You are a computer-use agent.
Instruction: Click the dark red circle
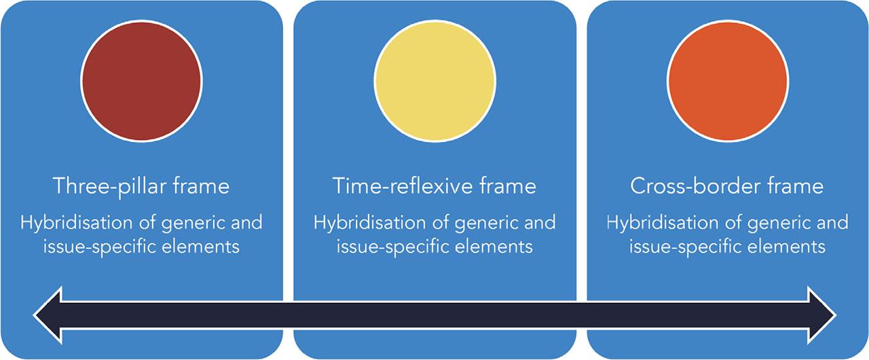[141, 81]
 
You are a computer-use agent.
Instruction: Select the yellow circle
[435, 81]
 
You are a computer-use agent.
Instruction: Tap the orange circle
[728, 81]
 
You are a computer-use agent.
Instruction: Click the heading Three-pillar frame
[141, 187]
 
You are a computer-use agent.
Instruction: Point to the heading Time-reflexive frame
[434, 186]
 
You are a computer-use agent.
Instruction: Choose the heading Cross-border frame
[726, 186]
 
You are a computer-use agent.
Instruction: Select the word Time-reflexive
[403, 186]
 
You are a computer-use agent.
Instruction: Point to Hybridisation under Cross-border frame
[663, 223]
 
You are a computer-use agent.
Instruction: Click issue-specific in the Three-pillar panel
[100, 247]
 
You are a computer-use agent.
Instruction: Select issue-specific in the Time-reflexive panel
[393, 247]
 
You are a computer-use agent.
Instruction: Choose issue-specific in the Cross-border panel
[686, 247]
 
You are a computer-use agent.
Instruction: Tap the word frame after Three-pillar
[201, 186]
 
